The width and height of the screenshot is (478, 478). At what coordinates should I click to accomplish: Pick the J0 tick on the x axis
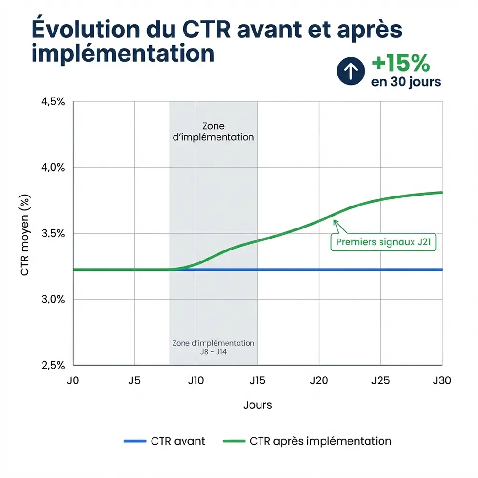(x=73, y=381)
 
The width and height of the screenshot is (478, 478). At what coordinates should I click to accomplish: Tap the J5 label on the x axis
(x=134, y=381)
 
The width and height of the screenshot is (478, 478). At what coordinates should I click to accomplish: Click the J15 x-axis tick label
(x=258, y=381)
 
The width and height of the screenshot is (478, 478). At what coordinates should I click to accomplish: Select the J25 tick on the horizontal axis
(x=380, y=381)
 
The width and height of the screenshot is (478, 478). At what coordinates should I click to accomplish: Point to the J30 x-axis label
(x=442, y=381)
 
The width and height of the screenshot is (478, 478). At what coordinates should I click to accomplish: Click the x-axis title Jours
(x=257, y=405)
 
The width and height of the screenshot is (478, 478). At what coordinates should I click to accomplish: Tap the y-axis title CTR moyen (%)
(x=25, y=234)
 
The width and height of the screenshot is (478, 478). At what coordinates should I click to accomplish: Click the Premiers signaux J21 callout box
(x=384, y=242)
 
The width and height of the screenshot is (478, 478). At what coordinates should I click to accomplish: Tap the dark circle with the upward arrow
(x=351, y=71)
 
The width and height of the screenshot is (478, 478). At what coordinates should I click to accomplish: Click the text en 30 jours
(x=406, y=82)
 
